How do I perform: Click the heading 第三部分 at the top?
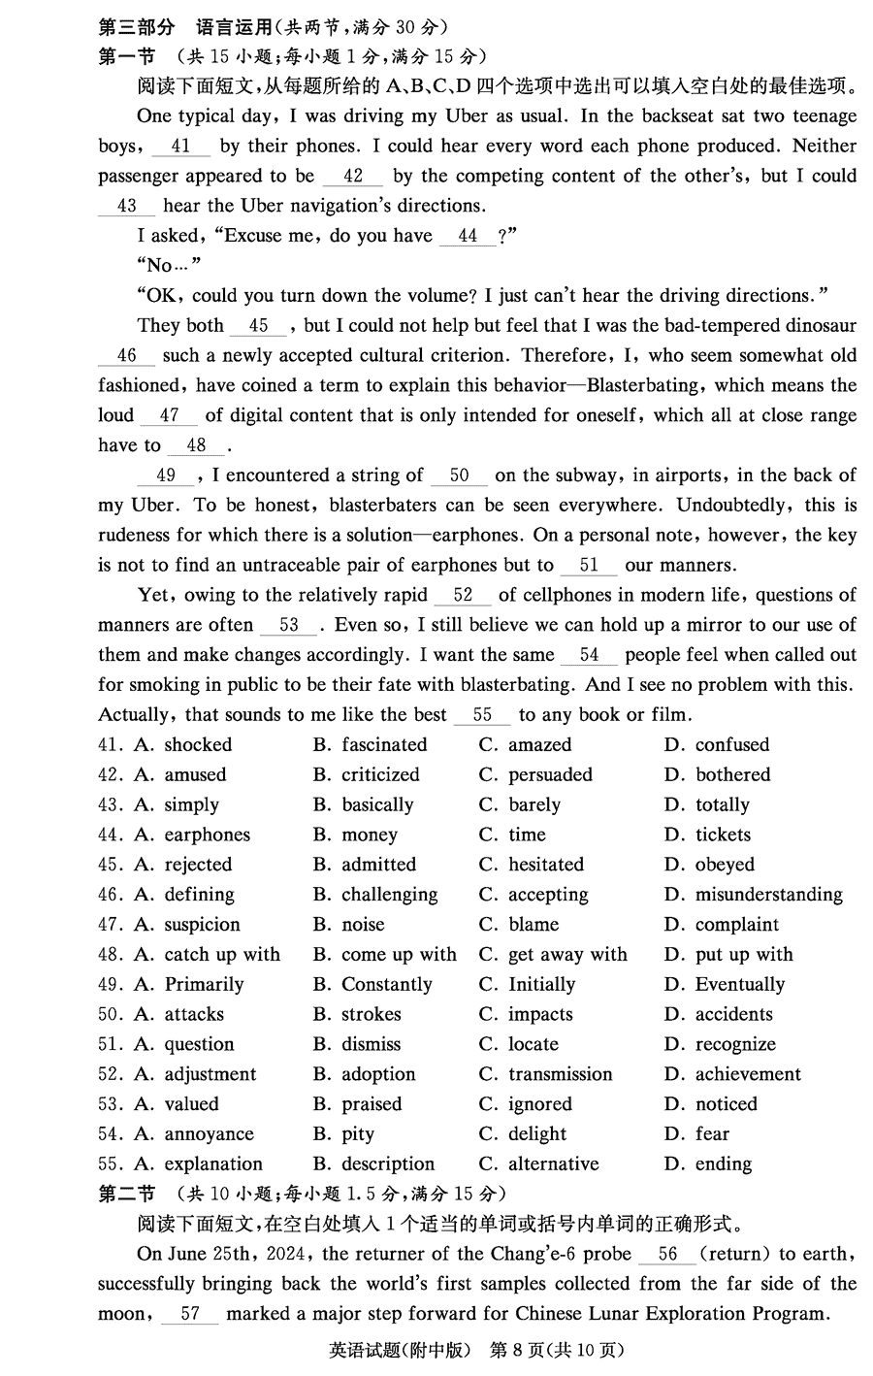[137, 26]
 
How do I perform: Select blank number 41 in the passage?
[180, 147]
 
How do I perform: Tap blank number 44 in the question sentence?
[468, 236]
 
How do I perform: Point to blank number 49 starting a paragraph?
[166, 475]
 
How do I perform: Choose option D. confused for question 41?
[717, 745]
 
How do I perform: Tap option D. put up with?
[728, 955]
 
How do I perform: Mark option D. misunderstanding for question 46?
[754, 895]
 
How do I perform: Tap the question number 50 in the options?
[110, 1015]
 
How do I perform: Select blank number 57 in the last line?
[190, 1314]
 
